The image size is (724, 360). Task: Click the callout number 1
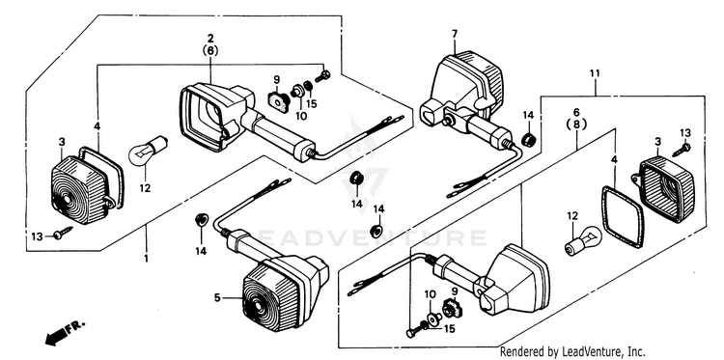tap(146, 259)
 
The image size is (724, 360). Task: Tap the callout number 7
tap(455, 34)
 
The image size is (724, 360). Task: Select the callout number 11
tap(595, 73)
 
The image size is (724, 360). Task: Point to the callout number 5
tap(217, 298)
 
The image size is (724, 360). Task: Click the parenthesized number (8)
tap(577, 124)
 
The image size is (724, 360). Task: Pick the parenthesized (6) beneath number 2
tap(210, 51)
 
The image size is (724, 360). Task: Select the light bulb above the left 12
tap(148, 151)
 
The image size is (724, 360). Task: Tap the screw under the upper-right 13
tap(682, 150)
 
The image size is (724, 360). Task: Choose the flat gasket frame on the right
tap(623, 216)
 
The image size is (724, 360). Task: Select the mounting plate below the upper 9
tap(278, 101)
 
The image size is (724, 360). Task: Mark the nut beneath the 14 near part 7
tap(528, 138)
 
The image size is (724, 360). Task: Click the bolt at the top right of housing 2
tap(322, 76)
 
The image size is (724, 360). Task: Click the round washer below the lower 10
tap(434, 318)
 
